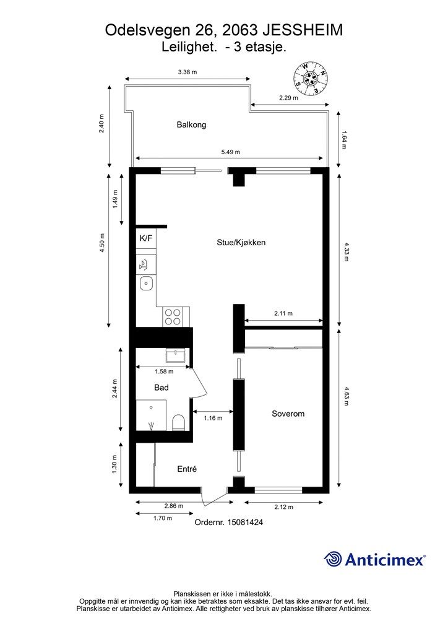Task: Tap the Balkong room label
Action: click(x=191, y=124)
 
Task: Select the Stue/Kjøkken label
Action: click(x=241, y=243)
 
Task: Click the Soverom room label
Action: click(x=288, y=414)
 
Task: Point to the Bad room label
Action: click(x=161, y=388)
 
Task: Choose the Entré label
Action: click(x=187, y=469)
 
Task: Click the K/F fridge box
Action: click(x=146, y=238)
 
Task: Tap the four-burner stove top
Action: click(x=173, y=316)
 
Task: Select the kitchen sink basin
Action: click(x=146, y=284)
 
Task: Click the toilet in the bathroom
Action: click(x=178, y=422)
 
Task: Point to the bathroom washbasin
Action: click(x=176, y=355)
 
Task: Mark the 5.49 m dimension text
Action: click(x=231, y=152)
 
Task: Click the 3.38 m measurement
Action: click(x=187, y=72)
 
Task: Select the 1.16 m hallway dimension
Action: click(x=213, y=418)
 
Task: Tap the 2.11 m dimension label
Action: click(x=283, y=313)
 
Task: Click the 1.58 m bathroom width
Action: click(x=164, y=371)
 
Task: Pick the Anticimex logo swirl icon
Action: click(x=333, y=559)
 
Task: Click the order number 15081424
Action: click(x=245, y=523)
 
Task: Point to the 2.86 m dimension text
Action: click(x=174, y=506)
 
